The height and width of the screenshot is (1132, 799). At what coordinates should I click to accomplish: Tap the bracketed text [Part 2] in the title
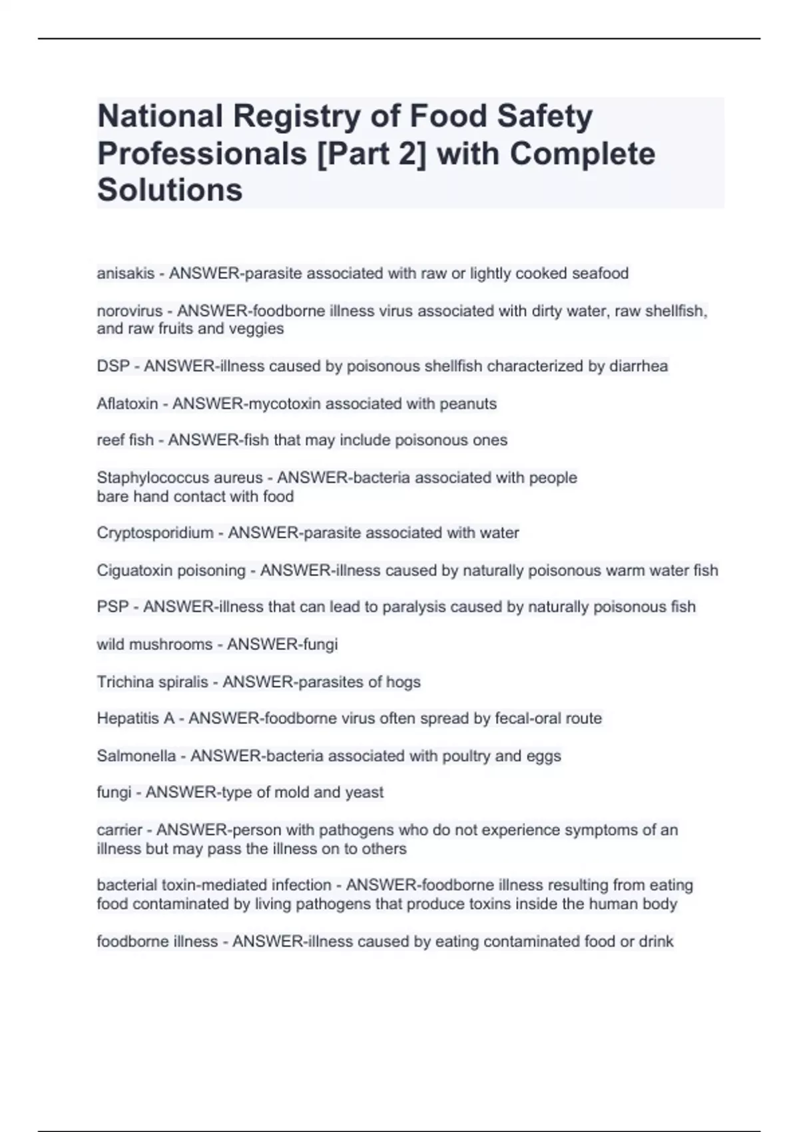(x=368, y=154)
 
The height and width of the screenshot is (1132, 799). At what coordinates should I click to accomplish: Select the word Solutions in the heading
(x=170, y=190)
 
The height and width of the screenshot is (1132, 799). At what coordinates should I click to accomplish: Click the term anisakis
(x=125, y=274)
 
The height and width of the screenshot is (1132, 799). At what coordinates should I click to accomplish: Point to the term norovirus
(x=129, y=311)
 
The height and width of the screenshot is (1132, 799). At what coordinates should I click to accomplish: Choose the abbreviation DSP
(x=113, y=366)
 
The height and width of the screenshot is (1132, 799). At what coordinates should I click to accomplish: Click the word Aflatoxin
(x=127, y=404)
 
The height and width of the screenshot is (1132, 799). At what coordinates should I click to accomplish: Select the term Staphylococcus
(x=150, y=478)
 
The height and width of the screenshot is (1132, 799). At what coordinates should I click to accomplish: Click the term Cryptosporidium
(x=155, y=533)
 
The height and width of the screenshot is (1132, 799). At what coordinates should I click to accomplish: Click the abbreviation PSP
(x=112, y=607)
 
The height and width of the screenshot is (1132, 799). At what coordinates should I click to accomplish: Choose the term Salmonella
(x=136, y=756)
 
